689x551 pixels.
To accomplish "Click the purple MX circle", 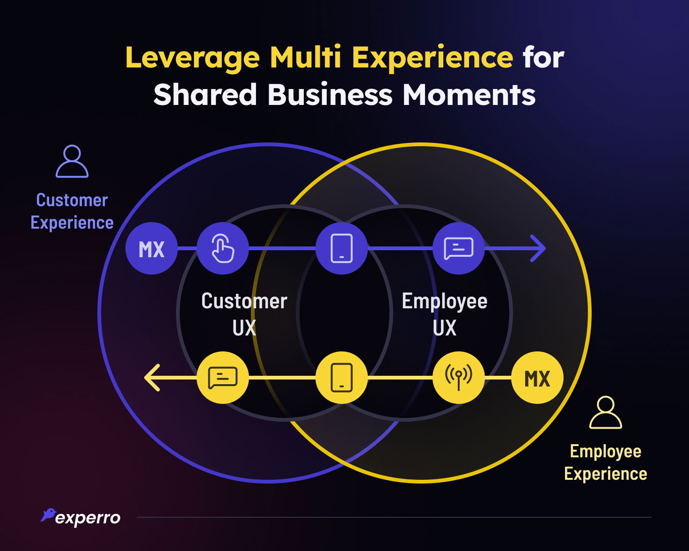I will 152,248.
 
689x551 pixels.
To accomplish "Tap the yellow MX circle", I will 537,378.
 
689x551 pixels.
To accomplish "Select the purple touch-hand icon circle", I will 223,248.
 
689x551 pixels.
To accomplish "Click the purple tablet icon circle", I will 342,248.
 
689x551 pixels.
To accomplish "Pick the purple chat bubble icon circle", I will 458,248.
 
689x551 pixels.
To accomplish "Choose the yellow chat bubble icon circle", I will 223,378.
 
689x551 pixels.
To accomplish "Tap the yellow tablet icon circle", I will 342,378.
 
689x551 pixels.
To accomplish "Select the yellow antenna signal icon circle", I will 458,378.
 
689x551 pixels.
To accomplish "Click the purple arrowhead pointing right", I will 538,248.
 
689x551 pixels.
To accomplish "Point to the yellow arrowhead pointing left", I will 153,378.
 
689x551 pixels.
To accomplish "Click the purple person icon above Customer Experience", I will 72,162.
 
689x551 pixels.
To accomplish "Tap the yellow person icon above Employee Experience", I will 605,413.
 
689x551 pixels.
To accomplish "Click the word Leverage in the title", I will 192,58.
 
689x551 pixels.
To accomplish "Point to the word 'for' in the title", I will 543,58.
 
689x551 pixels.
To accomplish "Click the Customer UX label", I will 244,314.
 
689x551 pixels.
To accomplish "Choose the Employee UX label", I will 444,314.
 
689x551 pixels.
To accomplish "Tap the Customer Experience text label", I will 72,211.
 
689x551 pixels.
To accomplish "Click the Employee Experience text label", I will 605,462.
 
